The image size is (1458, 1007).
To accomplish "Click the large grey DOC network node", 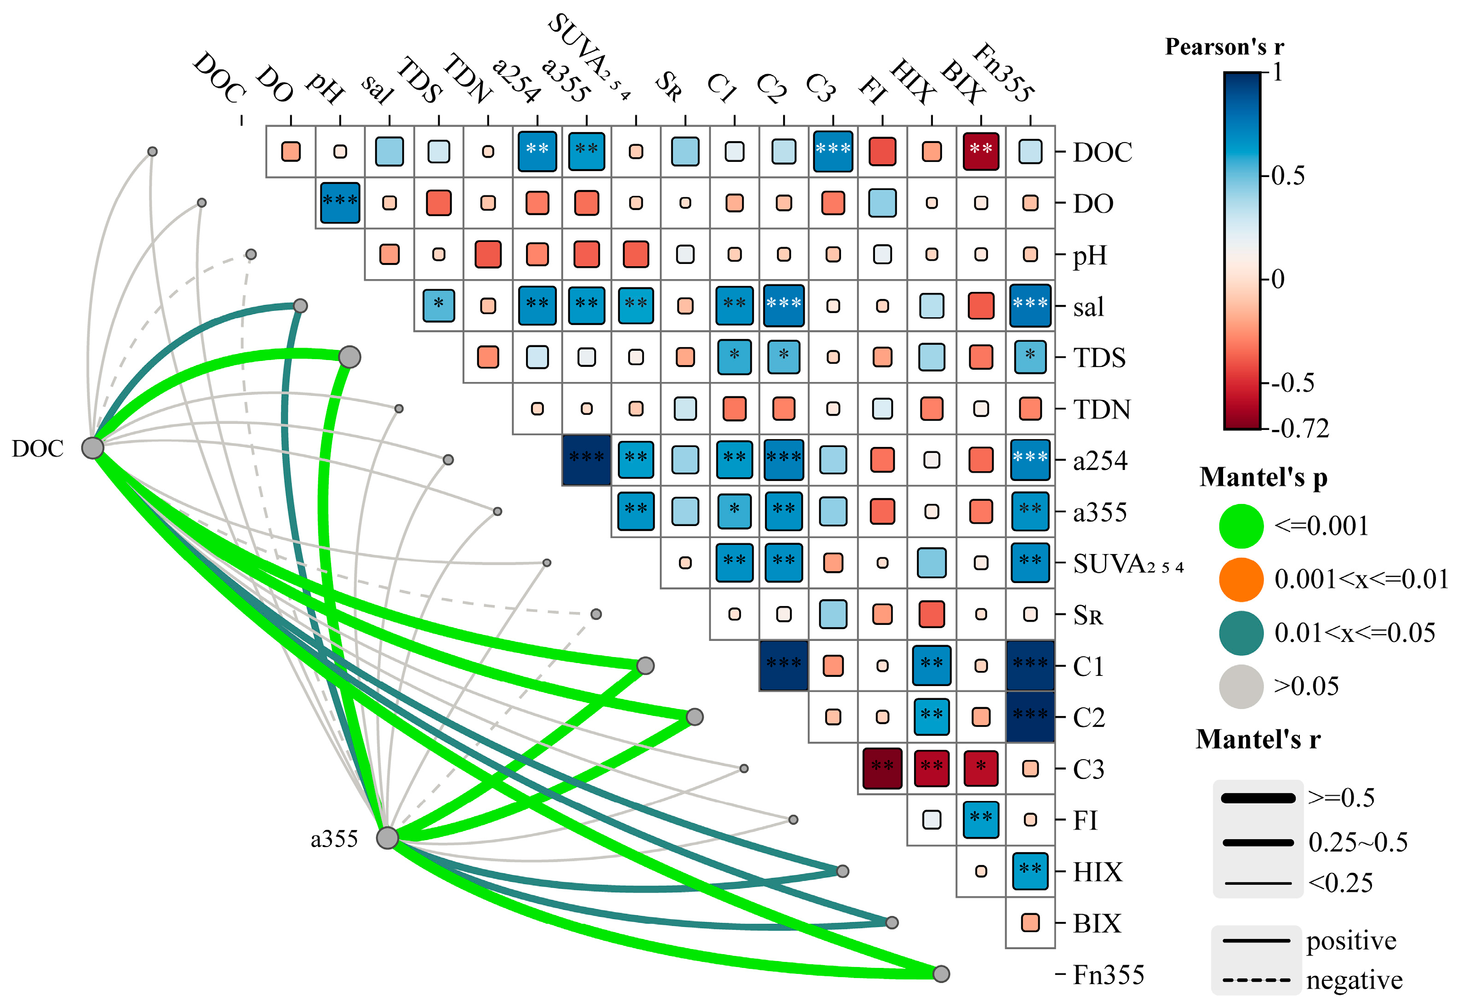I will coord(93,448).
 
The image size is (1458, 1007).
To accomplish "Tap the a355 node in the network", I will coord(387,838).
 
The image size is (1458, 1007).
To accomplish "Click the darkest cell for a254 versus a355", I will coord(586,460).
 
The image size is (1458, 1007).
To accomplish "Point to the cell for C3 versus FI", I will coord(882,768).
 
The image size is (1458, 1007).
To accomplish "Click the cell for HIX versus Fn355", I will coord(1030,871).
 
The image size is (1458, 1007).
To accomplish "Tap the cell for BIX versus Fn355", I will coord(1030,922).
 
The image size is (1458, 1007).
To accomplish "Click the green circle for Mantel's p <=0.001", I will coord(1241,526).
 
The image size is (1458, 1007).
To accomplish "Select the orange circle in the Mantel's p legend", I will coord(1241,579).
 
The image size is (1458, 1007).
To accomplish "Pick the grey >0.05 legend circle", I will coord(1241,687).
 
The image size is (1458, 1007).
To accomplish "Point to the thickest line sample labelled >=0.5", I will coord(1258,798).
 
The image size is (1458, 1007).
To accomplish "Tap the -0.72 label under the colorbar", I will coord(1300,429).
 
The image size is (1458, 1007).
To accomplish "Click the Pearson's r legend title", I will coord(1224,47).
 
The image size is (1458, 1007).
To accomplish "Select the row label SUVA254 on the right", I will coord(1128,563).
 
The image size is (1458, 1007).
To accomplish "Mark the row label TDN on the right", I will coord(1102,410).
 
